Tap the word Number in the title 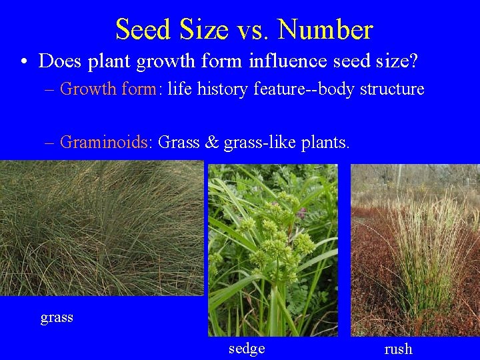click(x=325, y=29)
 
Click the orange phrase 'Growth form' click(x=107, y=89)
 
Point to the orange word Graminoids click(x=106, y=142)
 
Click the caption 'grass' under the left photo click(x=57, y=317)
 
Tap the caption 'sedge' click(x=247, y=349)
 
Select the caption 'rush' click(x=399, y=349)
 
